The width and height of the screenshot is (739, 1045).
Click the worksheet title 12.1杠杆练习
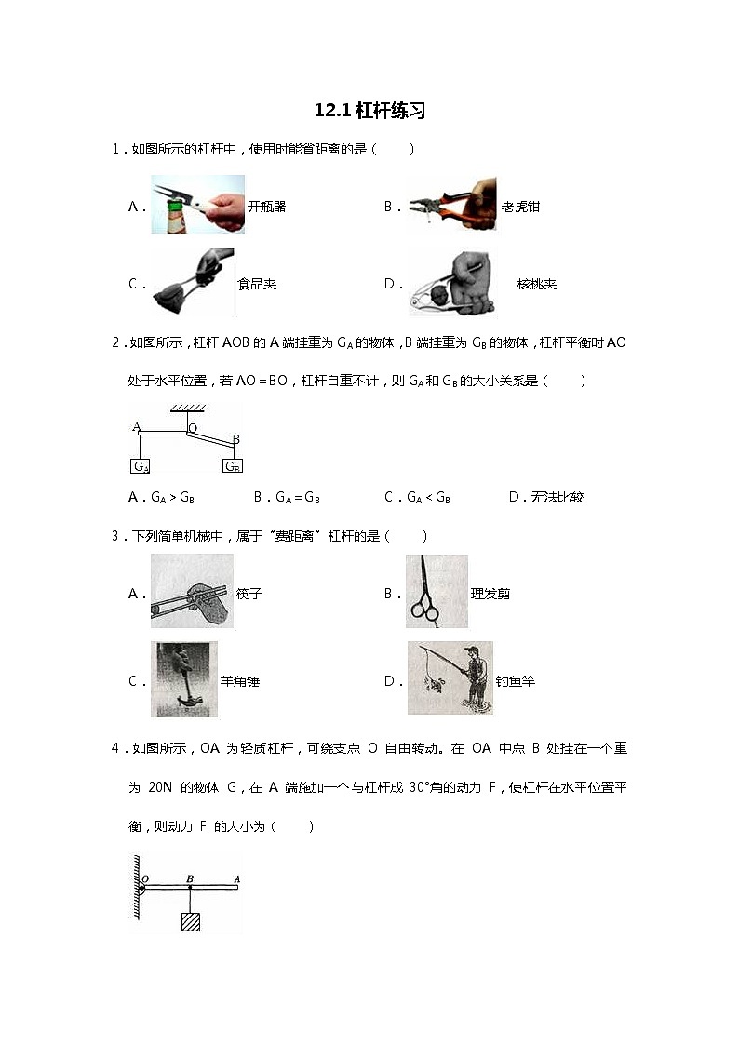click(x=369, y=111)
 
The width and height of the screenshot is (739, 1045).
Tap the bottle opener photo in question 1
click(x=197, y=204)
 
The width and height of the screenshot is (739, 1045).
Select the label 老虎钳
click(x=520, y=207)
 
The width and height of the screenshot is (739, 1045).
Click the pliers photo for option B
click(x=452, y=205)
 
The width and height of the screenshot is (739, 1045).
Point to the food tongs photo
click(x=193, y=282)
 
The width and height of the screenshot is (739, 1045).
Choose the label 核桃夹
click(x=537, y=284)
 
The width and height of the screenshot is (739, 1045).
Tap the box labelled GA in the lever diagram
click(x=141, y=466)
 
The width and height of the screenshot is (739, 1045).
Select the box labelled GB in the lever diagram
click(x=233, y=466)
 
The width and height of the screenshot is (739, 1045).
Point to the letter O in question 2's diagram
click(x=193, y=429)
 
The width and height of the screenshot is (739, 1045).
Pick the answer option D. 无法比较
click(x=546, y=498)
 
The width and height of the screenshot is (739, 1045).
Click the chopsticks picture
click(x=192, y=592)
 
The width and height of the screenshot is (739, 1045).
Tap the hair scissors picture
click(x=437, y=592)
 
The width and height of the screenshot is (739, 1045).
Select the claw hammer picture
click(x=184, y=679)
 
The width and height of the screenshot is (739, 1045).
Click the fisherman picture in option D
click(x=450, y=678)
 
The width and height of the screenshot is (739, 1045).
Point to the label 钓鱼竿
click(x=516, y=681)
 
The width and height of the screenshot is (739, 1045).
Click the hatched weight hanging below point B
click(x=191, y=921)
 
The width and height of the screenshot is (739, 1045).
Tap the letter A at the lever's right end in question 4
click(x=237, y=878)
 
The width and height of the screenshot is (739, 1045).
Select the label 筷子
click(x=249, y=594)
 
